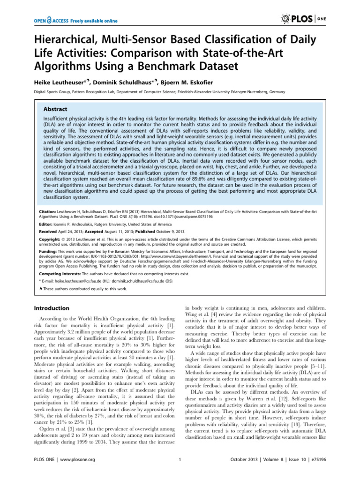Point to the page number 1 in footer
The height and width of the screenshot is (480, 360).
(180, 472)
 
